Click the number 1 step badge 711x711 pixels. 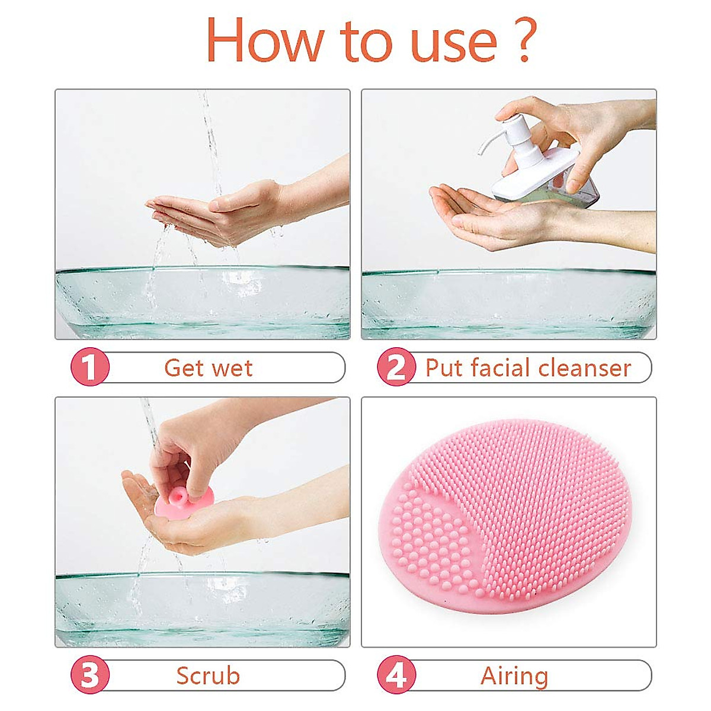(90, 367)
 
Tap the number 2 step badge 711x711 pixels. (396, 367)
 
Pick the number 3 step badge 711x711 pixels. (90, 675)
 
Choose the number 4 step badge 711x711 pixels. (396, 675)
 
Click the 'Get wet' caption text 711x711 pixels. (208, 368)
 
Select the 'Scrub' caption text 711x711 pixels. (208, 676)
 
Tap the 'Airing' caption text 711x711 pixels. (514, 676)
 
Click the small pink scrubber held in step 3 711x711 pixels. (181, 504)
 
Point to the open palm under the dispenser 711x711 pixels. (480, 216)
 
